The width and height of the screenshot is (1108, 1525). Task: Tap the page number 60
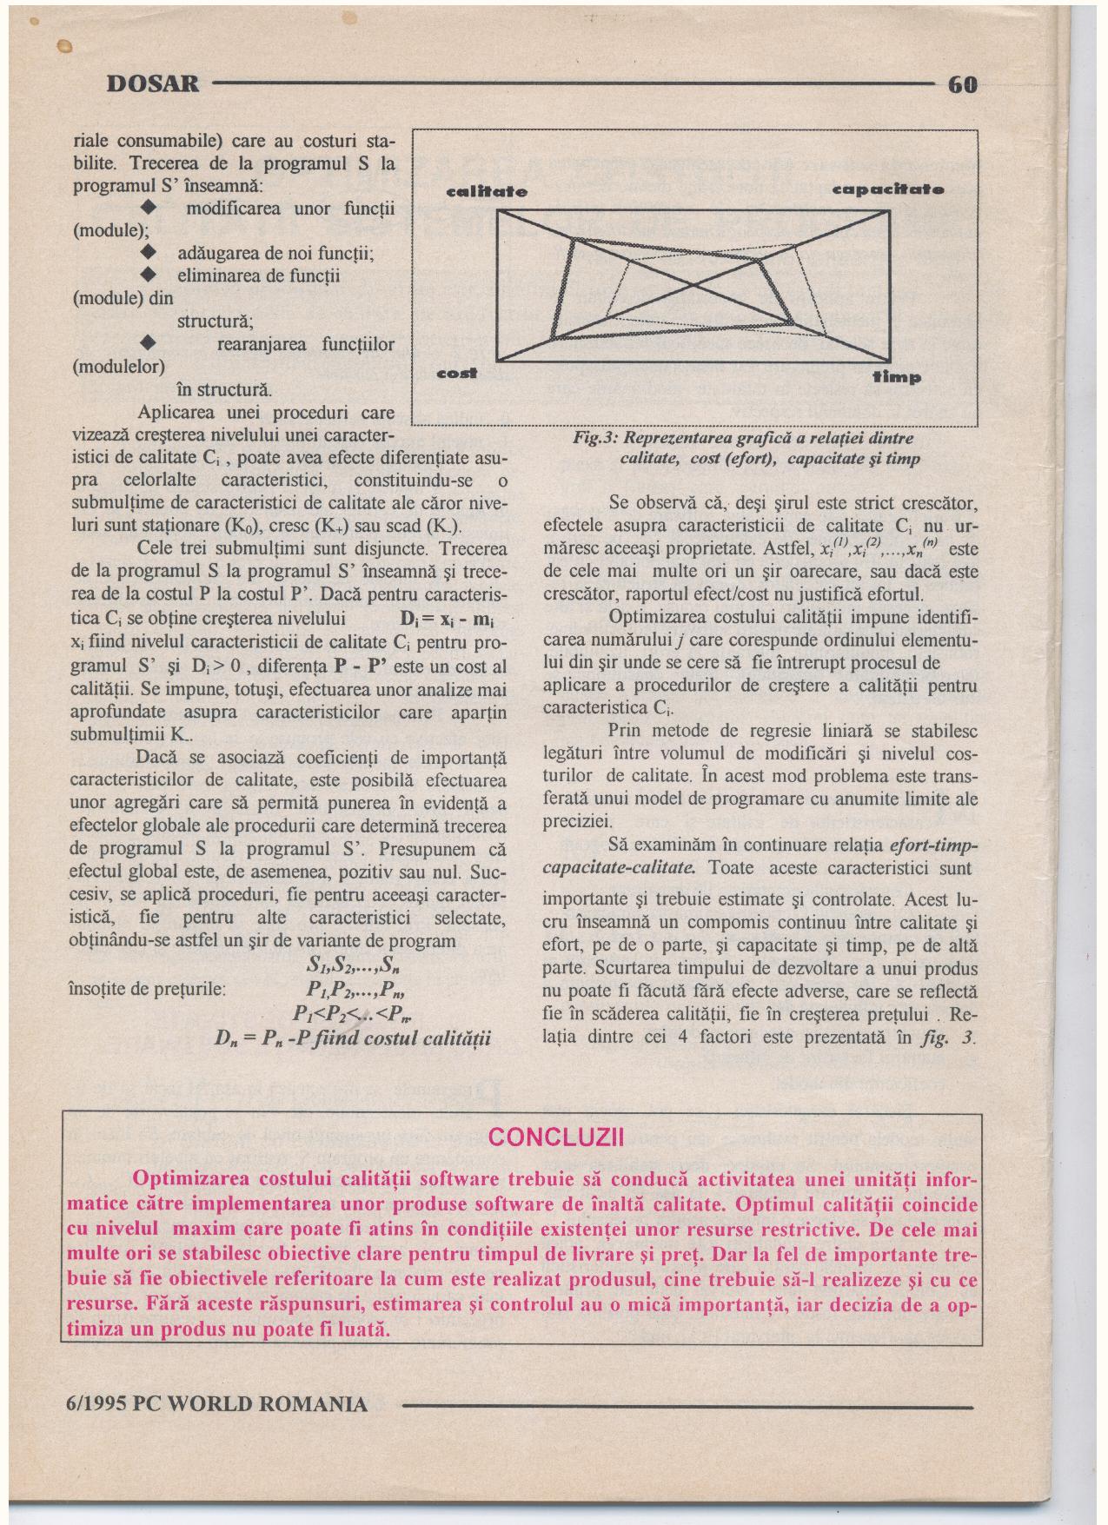[963, 84]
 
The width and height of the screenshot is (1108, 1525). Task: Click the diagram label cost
[457, 374]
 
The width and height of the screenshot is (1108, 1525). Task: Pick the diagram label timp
[897, 378]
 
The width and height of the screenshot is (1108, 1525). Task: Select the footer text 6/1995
[96, 1404]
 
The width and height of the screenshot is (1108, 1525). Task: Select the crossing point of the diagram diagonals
[693, 285]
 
